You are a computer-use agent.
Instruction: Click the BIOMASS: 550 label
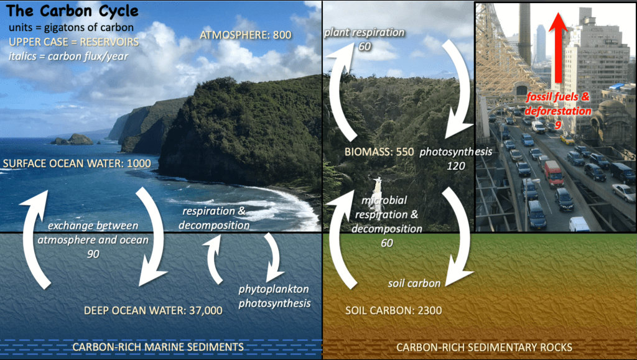click(x=379, y=151)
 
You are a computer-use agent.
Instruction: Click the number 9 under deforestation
click(x=558, y=124)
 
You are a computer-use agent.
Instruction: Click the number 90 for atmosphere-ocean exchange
click(x=93, y=254)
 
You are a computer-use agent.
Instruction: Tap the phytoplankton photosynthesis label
click(x=274, y=296)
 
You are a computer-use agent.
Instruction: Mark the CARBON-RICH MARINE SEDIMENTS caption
click(x=158, y=346)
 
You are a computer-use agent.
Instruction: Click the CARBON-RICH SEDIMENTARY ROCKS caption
click(x=485, y=346)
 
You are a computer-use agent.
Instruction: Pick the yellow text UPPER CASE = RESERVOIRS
click(x=74, y=42)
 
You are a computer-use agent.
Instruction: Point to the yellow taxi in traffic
click(x=567, y=140)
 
